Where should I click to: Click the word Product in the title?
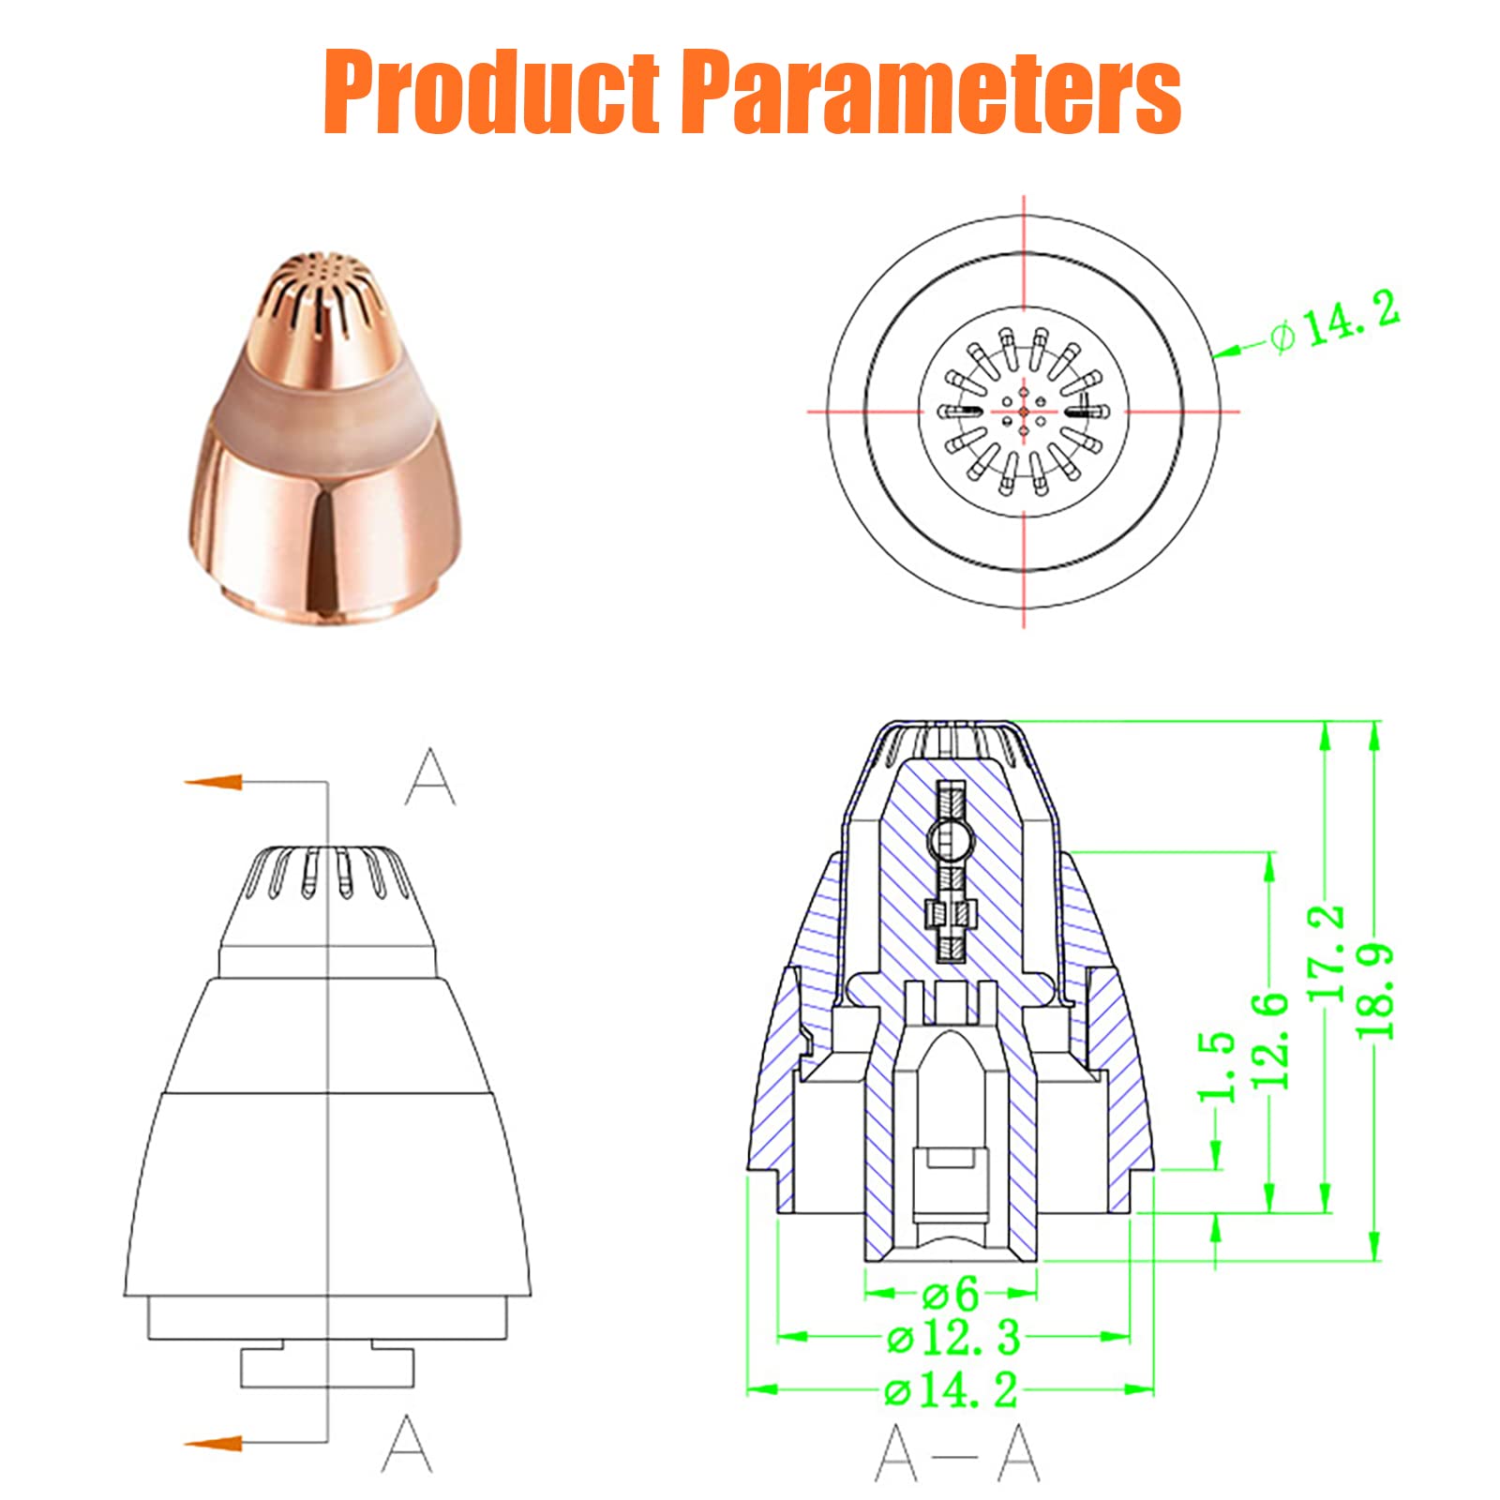coord(491,93)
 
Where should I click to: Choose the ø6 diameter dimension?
coord(950,1295)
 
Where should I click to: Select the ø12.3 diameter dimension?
coord(953,1338)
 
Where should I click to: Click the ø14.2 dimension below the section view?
coord(951,1388)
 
